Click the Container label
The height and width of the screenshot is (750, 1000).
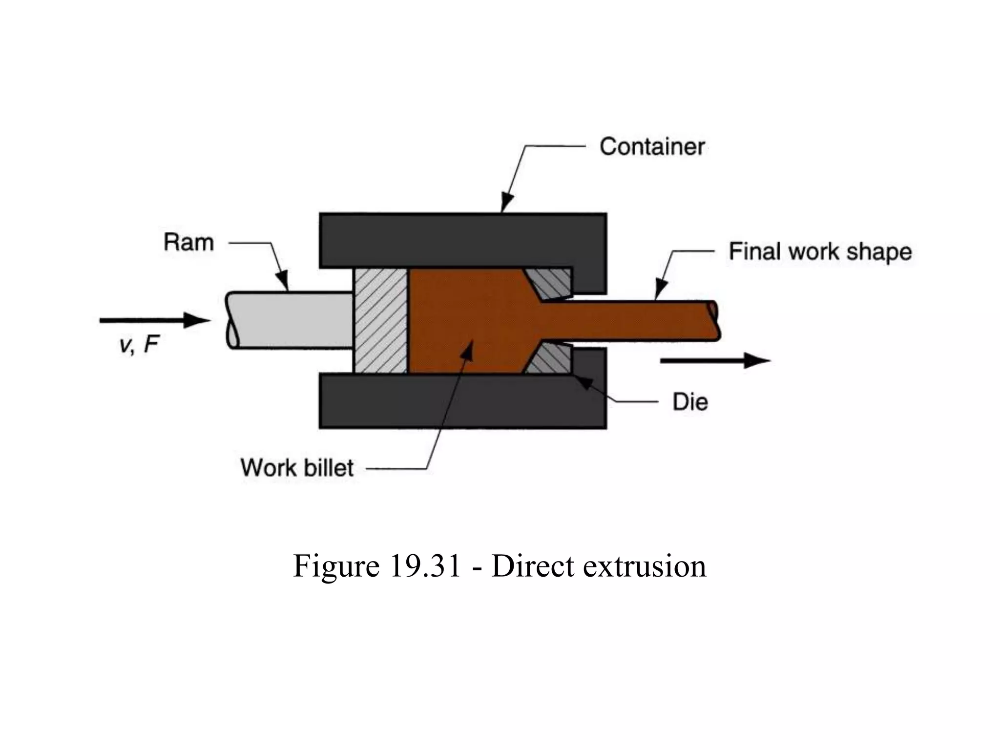(651, 146)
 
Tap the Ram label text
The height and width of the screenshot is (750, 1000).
(188, 243)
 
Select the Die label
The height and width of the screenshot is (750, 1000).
(690, 402)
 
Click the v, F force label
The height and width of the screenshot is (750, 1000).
(139, 345)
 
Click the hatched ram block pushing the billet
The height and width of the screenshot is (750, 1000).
(380, 321)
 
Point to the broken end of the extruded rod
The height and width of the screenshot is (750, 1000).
(714, 320)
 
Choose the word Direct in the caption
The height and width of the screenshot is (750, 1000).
(533, 566)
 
